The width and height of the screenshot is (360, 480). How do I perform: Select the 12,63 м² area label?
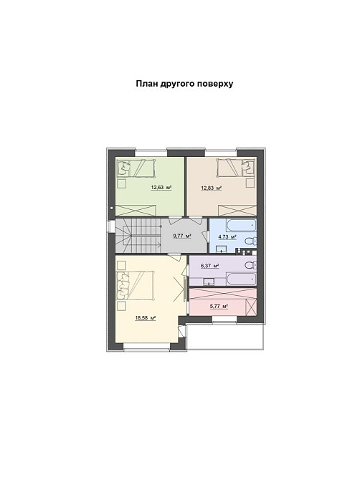coord(161,188)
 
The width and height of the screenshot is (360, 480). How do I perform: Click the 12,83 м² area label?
coord(211,188)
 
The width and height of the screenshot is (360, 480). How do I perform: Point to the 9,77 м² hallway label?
coord(182,236)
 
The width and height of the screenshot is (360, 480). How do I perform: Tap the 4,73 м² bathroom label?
coord(227,236)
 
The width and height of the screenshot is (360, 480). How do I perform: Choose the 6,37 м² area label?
coord(209,266)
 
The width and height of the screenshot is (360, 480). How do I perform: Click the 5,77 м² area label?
coord(219,306)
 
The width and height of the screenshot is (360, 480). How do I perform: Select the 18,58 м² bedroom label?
coord(146,318)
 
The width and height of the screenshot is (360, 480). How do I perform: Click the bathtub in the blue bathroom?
coord(241,225)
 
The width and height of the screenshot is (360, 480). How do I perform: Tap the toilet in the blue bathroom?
coord(251,241)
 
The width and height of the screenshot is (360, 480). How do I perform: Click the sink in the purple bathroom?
coord(209,282)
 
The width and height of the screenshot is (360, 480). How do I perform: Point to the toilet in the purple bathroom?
coord(251,265)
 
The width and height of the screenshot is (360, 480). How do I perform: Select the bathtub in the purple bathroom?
coord(241,279)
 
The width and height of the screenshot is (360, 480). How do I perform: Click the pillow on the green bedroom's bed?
coord(124,167)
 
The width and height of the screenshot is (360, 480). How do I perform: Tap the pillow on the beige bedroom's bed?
coord(247,167)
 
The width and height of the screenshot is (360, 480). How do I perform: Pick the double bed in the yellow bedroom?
coord(136,285)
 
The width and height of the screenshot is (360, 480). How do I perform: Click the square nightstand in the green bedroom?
coord(122,183)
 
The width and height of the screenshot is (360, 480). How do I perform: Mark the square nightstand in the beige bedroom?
coord(250,183)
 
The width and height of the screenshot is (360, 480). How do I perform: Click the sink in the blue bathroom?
coord(222,249)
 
